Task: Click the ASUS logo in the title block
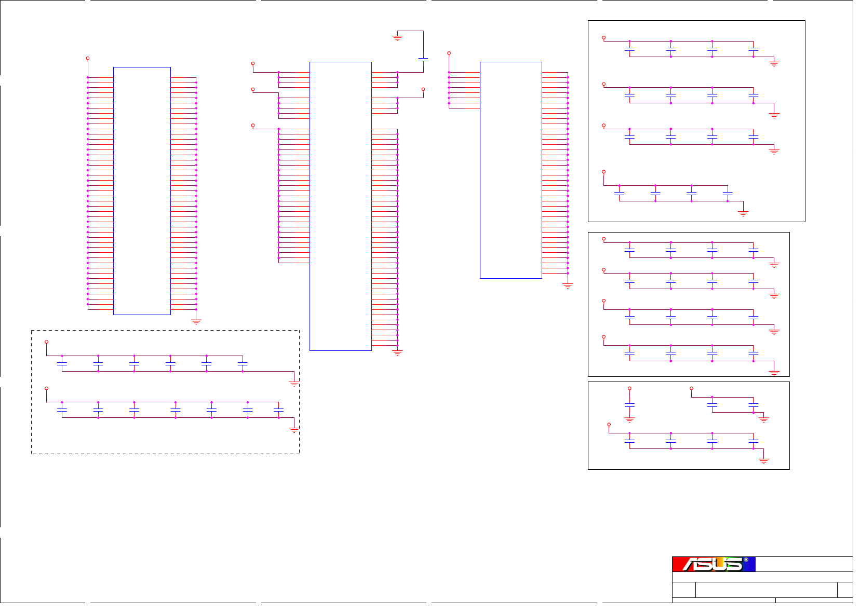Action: pos(714,564)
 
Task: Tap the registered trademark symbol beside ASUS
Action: pos(746,560)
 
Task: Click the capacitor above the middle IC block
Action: pos(423,60)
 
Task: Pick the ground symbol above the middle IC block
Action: pos(397,38)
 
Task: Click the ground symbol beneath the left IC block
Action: pos(196,322)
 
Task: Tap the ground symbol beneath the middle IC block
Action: pos(397,353)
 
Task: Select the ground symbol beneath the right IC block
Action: pos(568,285)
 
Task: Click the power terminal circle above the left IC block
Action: pos(88,59)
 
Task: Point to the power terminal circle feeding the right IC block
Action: pos(449,53)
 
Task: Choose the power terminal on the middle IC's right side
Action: pos(423,90)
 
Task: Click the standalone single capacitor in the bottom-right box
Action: pos(629,404)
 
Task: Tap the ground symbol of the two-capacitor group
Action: pos(763,419)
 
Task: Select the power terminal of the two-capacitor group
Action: pos(691,388)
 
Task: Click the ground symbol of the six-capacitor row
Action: pos(294,384)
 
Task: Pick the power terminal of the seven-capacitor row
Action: pos(47,388)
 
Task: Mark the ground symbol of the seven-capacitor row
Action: pos(294,430)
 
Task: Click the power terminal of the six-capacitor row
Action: pos(47,342)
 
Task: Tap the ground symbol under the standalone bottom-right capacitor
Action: pos(629,419)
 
